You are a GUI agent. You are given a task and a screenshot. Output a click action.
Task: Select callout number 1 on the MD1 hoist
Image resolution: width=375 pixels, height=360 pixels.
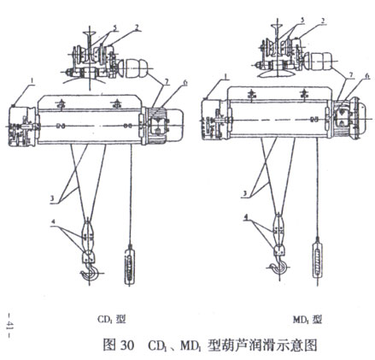tap(226, 77)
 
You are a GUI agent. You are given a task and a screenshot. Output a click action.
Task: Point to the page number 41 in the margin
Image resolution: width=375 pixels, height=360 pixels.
tap(9, 323)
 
